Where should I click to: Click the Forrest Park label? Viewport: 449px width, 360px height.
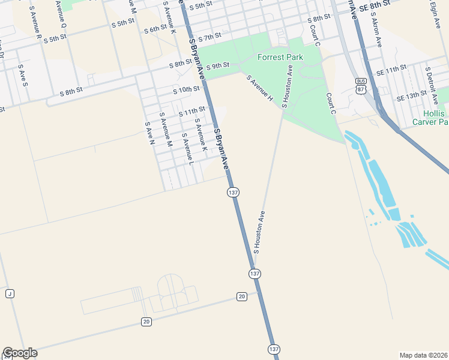pyautogui.click(x=280, y=57)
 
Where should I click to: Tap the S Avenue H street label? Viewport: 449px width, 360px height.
pyautogui.click(x=260, y=88)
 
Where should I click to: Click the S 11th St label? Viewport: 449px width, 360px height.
pyautogui.click(x=191, y=110)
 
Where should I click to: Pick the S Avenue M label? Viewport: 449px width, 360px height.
pyautogui.click(x=166, y=129)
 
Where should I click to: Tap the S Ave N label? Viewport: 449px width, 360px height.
pyautogui.click(x=150, y=133)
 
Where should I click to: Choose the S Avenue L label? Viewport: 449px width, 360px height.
pyautogui.click(x=188, y=149)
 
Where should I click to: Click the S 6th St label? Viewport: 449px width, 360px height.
pyautogui.click(x=155, y=29)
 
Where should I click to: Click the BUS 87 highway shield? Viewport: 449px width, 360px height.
pyautogui.click(x=361, y=85)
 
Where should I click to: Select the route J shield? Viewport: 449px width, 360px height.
pyautogui.click(x=10, y=293)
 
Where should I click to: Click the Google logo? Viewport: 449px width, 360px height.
pyautogui.click(x=20, y=353)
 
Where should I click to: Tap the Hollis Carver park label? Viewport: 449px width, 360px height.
pyautogui.click(x=430, y=118)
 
